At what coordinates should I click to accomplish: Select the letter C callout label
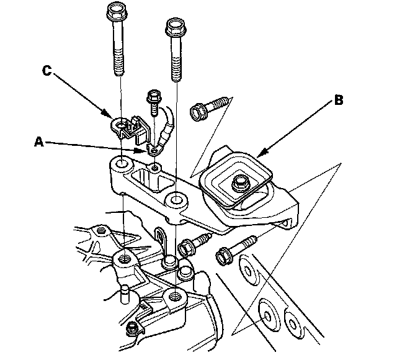46,70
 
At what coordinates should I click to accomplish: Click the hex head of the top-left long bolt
115,11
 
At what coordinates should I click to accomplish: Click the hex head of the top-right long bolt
176,27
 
